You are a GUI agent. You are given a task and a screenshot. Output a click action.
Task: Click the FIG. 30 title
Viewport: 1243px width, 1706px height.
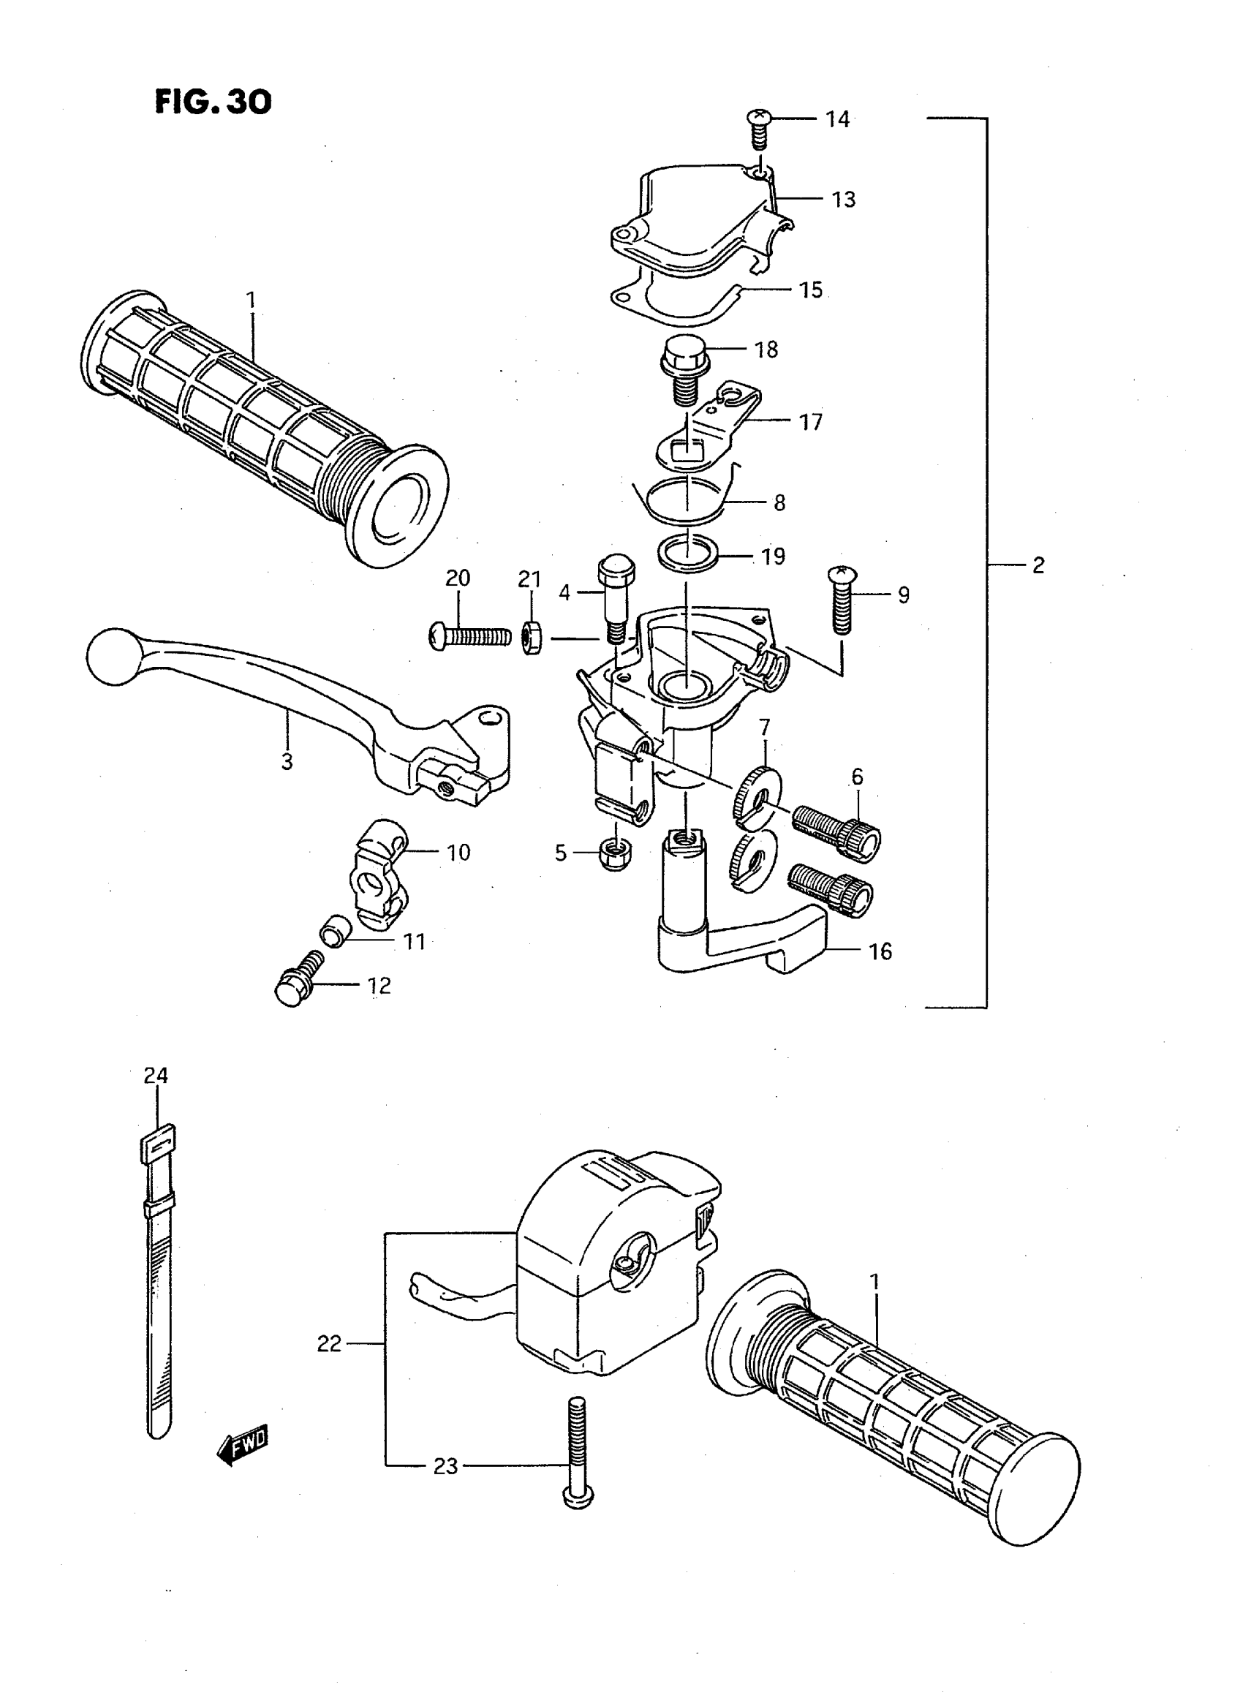click(x=214, y=102)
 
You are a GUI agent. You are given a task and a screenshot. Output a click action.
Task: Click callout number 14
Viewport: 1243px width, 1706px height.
click(x=837, y=120)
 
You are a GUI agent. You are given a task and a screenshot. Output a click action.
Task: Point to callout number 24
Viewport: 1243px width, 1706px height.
click(x=156, y=1076)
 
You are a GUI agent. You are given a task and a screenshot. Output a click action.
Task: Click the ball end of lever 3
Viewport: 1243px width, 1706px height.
click(x=114, y=656)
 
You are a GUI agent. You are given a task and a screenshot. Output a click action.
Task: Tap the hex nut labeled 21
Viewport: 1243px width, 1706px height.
click(x=530, y=638)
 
